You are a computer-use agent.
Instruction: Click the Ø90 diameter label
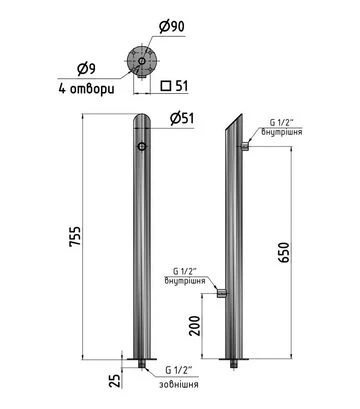(172, 27)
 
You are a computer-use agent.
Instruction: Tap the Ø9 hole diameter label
(86, 69)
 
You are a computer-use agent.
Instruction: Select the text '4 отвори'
(86, 89)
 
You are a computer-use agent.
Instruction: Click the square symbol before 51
(166, 86)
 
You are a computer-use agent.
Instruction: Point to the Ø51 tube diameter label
(182, 118)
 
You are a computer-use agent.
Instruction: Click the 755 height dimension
(75, 237)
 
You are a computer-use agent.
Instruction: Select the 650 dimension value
(284, 252)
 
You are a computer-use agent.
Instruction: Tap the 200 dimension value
(195, 325)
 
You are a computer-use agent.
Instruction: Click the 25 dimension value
(114, 380)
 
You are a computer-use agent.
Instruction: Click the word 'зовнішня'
(179, 384)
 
